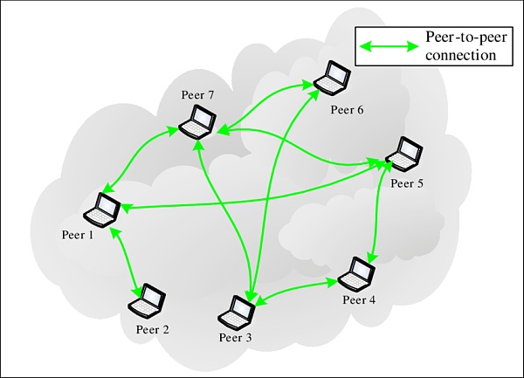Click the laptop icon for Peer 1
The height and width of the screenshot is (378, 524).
coord(102,210)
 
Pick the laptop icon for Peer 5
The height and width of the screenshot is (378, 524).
coord(403,155)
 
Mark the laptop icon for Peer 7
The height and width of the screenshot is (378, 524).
coord(197,121)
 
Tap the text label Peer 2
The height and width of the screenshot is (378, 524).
coord(152,329)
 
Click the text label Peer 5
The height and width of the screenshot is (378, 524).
coord(408,183)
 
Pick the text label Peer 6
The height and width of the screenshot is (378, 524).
coord(347,109)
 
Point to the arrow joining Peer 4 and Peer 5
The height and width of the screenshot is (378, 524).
coord(377,214)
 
